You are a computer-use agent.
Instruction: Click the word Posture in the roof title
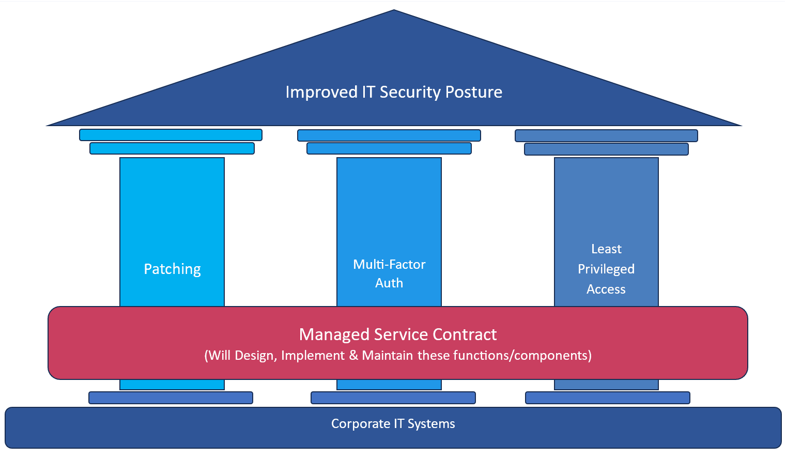(x=474, y=93)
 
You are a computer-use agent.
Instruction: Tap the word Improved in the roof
(x=321, y=93)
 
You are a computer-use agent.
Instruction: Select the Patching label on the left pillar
(x=172, y=269)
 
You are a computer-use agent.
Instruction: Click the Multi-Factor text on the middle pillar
(x=389, y=264)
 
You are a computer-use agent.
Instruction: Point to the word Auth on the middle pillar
(x=389, y=283)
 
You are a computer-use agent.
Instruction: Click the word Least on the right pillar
(x=606, y=249)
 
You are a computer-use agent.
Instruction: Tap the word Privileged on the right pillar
(x=606, y=269)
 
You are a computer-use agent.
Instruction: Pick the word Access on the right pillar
(x=606, y=289)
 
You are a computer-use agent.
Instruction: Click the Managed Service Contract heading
(x=398, y=334)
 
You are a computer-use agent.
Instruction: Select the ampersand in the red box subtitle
(x=353, y=356)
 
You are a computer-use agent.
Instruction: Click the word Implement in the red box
(x=313, y=356)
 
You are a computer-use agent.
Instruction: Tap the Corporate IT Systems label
(x=393, y=423)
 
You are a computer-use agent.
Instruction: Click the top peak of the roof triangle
(x=394, y=10)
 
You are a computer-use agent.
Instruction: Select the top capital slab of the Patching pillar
(x=171, y=135)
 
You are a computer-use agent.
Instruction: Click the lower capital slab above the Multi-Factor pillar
(x=389, y=148)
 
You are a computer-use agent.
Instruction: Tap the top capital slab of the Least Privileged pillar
(x=606, y=136)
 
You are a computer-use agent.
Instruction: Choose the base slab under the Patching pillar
(x=171, y=398)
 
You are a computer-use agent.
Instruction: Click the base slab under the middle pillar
(x=393, y=398)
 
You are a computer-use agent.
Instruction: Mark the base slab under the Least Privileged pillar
(x=608, y=398)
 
